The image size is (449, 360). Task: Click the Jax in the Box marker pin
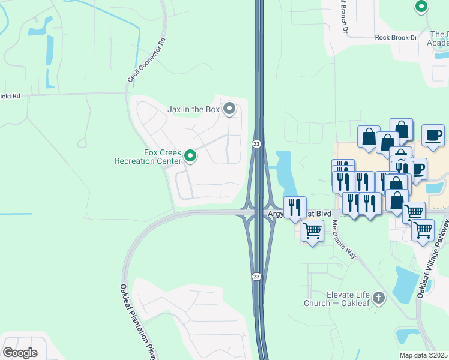(x=229, y=109)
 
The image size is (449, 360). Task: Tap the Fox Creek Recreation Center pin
(x=190, y=157)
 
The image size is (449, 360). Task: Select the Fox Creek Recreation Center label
(x=148, y=157)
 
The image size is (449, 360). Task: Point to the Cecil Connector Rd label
(x=146, y=62)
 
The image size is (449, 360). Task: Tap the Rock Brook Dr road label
(x=396, y=37)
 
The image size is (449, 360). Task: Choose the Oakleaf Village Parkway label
(x=433, y=258)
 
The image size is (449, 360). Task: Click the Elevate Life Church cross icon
(x=378, y=297)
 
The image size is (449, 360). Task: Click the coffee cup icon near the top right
(x=433, y=135)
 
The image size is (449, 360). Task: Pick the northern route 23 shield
(x=256, y=144)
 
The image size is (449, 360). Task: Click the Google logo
(x=20, y=353)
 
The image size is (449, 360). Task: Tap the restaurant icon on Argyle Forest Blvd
(x=295, y=207)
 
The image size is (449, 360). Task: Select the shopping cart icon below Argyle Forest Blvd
(x=312, y=230)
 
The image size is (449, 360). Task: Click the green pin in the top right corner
(x=421, y=7)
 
